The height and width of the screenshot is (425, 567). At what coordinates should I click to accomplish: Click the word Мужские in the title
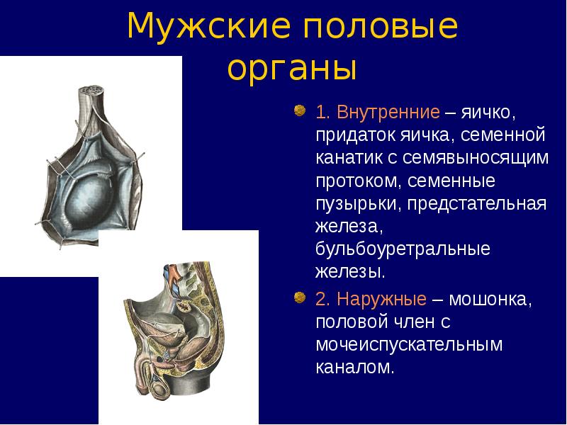tap(208, 26)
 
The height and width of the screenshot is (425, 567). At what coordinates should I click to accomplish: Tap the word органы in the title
tap(293, 69)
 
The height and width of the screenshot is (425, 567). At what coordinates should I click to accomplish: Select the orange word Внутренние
tap(388, 113)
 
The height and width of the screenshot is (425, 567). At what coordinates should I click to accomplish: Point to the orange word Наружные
tap(381, 300)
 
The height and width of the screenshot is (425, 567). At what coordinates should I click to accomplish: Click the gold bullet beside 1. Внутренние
tap(299, 110)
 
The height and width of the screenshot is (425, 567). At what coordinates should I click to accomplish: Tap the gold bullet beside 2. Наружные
tap(299, 297)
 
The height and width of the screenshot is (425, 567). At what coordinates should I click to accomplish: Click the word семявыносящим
tap(476, 158)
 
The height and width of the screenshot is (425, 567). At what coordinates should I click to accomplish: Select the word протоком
tap(358, 181)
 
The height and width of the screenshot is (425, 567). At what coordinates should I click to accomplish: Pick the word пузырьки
tap(359, 204)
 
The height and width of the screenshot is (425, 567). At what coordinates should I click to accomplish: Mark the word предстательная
tap(476, 204)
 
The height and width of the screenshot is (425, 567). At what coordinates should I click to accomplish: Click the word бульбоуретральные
tap(403, 249)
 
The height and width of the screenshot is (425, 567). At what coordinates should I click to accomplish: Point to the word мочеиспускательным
tap(409, 345)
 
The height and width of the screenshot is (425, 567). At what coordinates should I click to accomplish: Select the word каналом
tap(355, 368)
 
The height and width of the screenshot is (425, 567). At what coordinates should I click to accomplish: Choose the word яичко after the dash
tap(488, 113)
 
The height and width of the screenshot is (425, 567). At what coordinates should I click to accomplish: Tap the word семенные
tap(451, 181)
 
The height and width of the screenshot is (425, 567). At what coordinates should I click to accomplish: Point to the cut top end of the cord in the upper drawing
tap(91, 89)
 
